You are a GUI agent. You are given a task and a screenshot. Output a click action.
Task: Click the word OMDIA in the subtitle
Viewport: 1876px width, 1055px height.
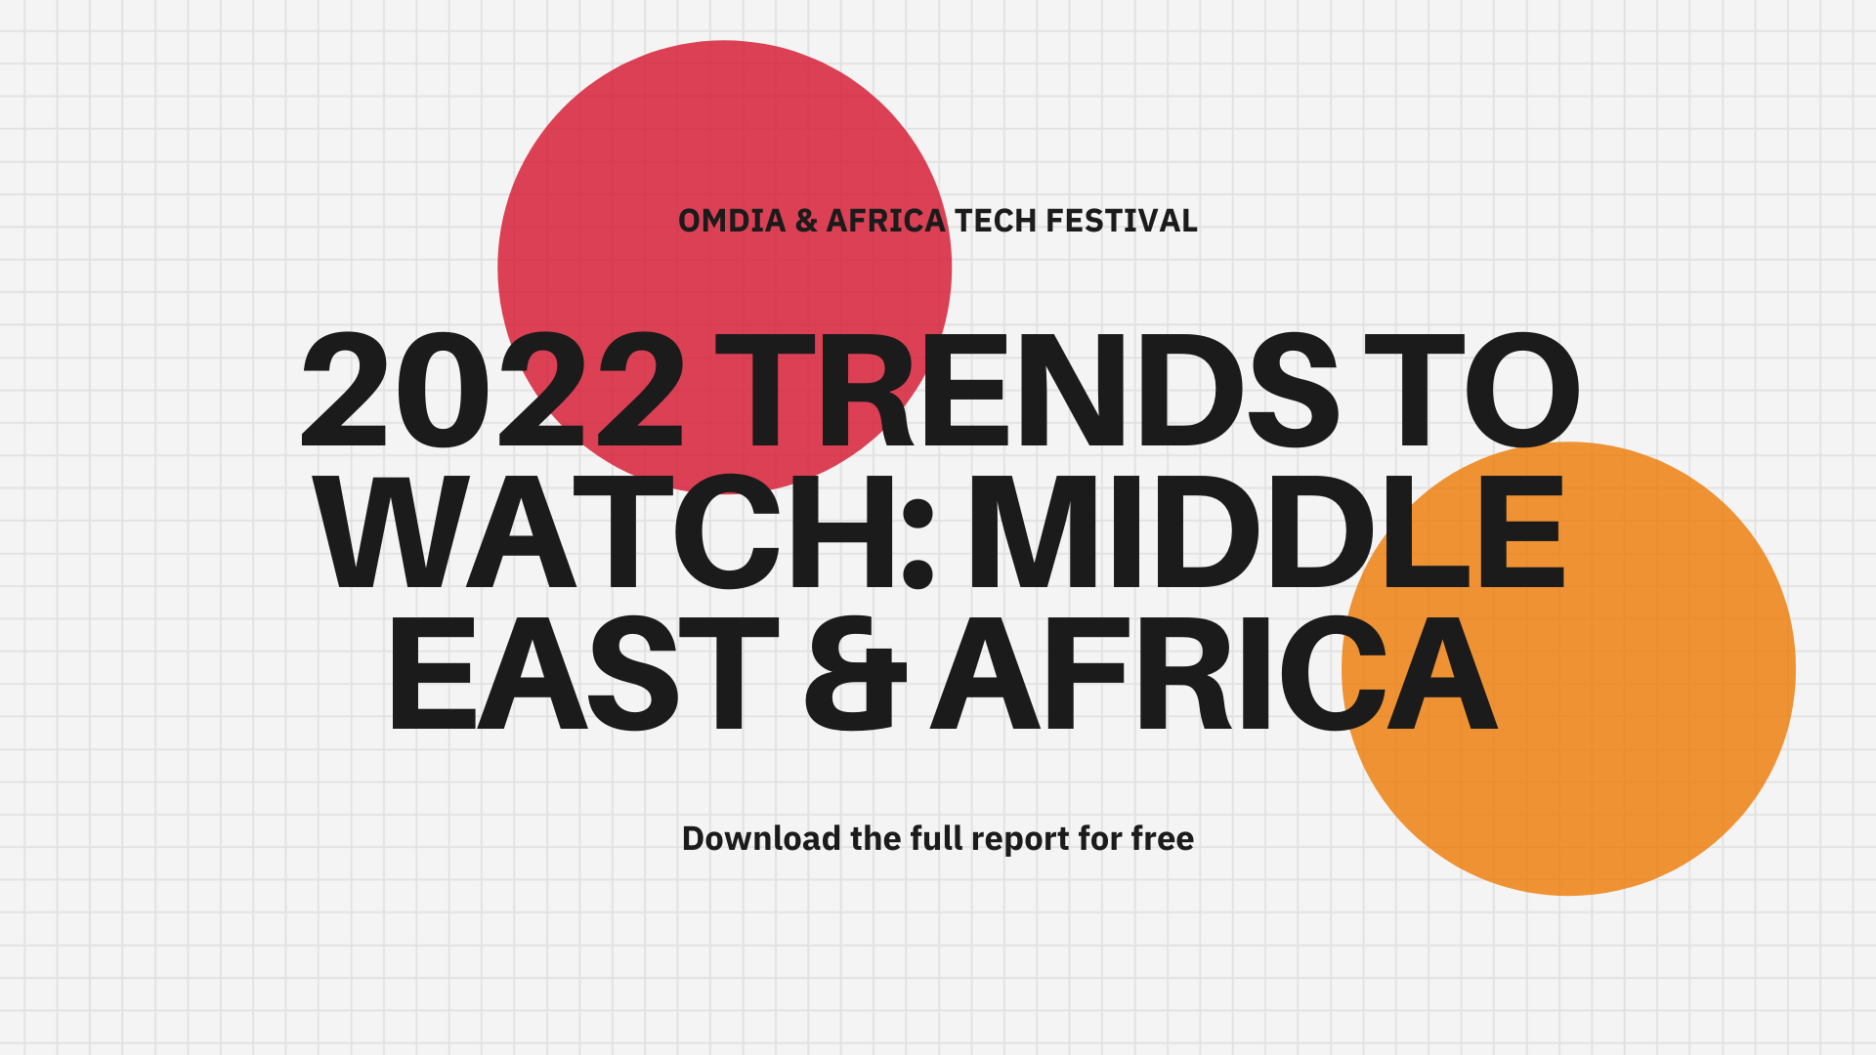732,221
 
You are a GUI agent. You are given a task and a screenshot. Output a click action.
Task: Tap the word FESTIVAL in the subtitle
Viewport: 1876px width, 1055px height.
1122,221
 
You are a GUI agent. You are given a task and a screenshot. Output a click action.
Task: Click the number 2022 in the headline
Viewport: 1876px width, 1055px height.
493,391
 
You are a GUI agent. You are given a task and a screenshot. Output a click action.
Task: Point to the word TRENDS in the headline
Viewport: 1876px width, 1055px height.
1026,391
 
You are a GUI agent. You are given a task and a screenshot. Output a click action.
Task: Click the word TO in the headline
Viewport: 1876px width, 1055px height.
1471,391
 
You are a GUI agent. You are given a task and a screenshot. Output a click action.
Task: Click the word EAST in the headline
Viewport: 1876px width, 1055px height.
583,673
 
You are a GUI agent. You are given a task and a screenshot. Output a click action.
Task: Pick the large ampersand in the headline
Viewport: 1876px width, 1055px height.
856,673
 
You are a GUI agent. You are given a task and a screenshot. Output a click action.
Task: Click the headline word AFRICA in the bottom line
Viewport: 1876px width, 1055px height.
1214,673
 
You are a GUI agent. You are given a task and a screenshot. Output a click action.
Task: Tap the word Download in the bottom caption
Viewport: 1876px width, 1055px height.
761,838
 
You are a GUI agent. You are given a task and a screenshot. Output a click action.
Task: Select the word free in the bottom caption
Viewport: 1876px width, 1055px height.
1162,838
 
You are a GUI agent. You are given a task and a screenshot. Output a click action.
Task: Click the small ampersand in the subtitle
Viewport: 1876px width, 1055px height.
806,221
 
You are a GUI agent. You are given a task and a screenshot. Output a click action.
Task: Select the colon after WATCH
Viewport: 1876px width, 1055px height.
918,551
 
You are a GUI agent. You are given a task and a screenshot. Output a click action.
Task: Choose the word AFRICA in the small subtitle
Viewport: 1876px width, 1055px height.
886,221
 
